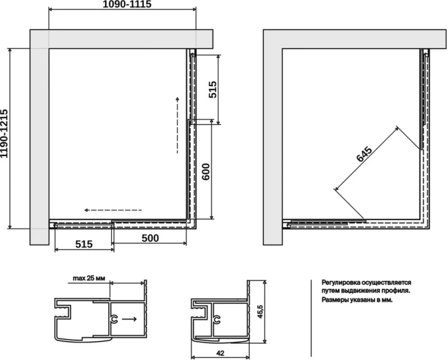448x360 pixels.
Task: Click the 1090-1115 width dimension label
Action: click(127, 4)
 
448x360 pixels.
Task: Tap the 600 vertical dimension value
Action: click(206, 172)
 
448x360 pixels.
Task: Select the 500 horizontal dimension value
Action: click(150, 238)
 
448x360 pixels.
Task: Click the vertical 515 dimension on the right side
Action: click(212, 90)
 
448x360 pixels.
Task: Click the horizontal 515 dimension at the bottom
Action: click(84, 244)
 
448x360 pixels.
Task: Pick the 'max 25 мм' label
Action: click(89, 278)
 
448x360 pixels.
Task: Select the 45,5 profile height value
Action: click(260, 312)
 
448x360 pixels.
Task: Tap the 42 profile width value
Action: click(220, 353)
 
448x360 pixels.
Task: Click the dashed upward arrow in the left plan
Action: click(177, 125)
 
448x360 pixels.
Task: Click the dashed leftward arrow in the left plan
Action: click(113, 210)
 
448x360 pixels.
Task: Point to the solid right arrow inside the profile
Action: click(129, 319)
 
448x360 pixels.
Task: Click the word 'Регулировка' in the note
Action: click(340, 282)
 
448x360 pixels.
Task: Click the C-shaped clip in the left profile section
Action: click(114, 319)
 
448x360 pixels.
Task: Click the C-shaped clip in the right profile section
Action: click(217, 319)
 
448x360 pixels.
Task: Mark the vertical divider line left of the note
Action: click(311, 318)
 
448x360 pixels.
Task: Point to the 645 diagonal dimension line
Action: click(367, 159)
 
